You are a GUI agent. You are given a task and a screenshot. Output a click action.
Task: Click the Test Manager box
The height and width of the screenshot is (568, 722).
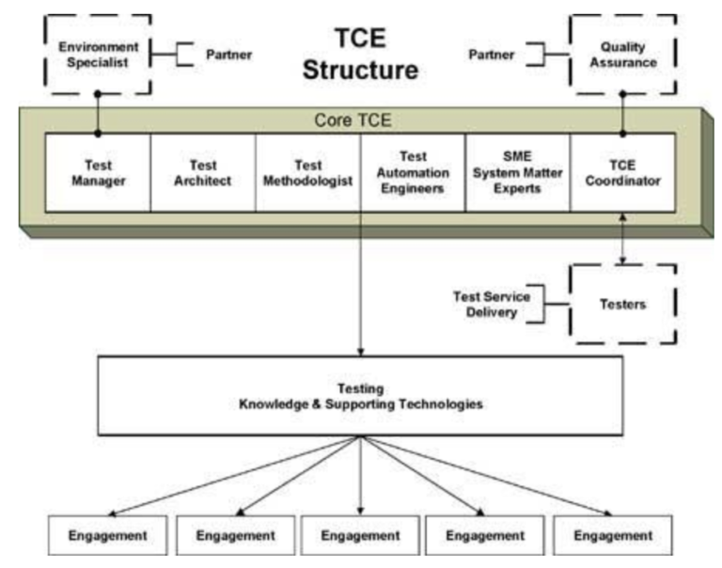[x=99, y=173]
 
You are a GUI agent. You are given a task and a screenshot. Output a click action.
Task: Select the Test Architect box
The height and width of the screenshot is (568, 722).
[x=203, y=173]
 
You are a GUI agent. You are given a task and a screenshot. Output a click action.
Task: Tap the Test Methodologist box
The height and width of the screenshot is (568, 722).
[x=307, y=173]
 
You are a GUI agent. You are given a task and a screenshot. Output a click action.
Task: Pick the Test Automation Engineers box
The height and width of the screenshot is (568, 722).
[x=413, y=173]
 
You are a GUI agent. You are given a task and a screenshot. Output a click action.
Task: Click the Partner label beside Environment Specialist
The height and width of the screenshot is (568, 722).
[x=229, y=55]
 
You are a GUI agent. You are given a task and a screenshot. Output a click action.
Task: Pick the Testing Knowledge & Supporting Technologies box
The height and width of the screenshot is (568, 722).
[x=360, y=396]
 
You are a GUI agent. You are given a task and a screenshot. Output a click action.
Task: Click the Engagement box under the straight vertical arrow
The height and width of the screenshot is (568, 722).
[x=361, y=535]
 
